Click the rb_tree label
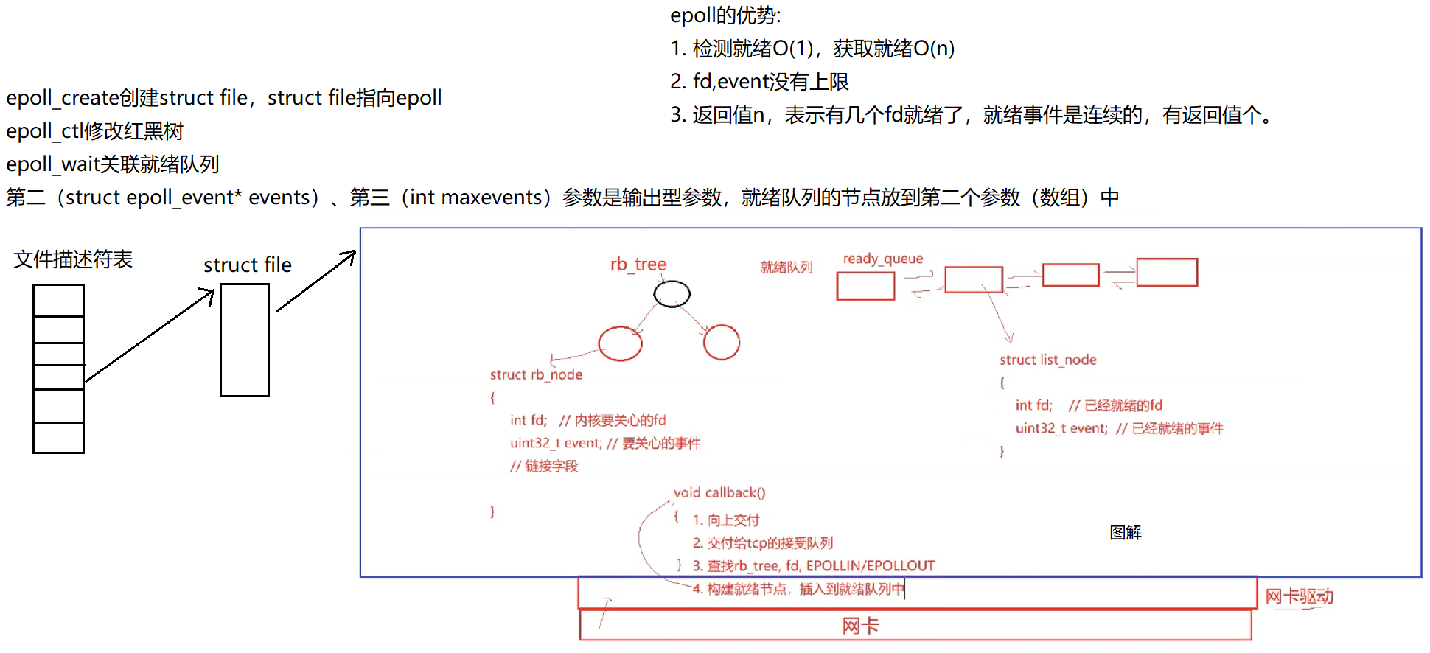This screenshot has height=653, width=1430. tap(638, 264)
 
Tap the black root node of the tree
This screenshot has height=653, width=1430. tap(672, 294)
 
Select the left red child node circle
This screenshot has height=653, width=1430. tap(620, 343)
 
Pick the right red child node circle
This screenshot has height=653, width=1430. tap(721, 342)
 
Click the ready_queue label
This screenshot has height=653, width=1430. tap(882, 259)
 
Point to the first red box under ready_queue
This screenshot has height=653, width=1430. tap(865, 286)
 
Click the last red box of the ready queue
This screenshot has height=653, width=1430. tap(1166, 273)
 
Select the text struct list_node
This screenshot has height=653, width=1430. tap(1047, 360)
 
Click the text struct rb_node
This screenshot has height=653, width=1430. tap(536, 374)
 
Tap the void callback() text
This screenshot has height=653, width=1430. tap(719, 492)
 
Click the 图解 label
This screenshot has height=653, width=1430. tap(1125, 532)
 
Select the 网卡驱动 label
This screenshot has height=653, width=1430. tap(1299, 596)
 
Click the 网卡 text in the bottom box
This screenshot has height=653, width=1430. tap(860, 626)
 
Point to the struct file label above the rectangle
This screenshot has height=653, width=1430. tap(248, 265)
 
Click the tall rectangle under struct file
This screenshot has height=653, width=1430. tap(245, 340)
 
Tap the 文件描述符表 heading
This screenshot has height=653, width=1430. tap(73, 259)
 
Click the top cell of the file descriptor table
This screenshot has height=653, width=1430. tap(58, 300)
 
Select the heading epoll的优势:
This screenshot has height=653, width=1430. tap(725, 15)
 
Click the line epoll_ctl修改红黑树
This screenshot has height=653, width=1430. tap(94, 131)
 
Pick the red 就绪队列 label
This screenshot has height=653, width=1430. tap(786, 267)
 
